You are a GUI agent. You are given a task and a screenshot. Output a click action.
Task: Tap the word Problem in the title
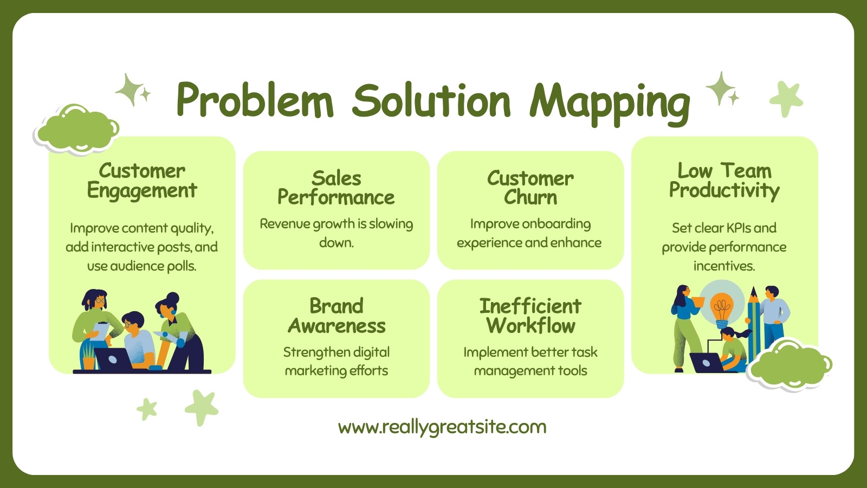255,100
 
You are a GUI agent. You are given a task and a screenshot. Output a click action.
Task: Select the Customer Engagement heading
142,181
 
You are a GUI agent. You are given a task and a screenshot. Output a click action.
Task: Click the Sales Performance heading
336,188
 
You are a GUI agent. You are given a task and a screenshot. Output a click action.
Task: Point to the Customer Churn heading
530,188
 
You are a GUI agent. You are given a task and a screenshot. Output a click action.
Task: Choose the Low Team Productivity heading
724,181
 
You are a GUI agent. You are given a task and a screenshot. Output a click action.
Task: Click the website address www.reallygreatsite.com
442,428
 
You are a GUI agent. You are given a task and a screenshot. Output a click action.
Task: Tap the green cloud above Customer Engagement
76,129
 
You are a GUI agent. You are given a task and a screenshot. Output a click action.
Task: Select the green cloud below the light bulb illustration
789,365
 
